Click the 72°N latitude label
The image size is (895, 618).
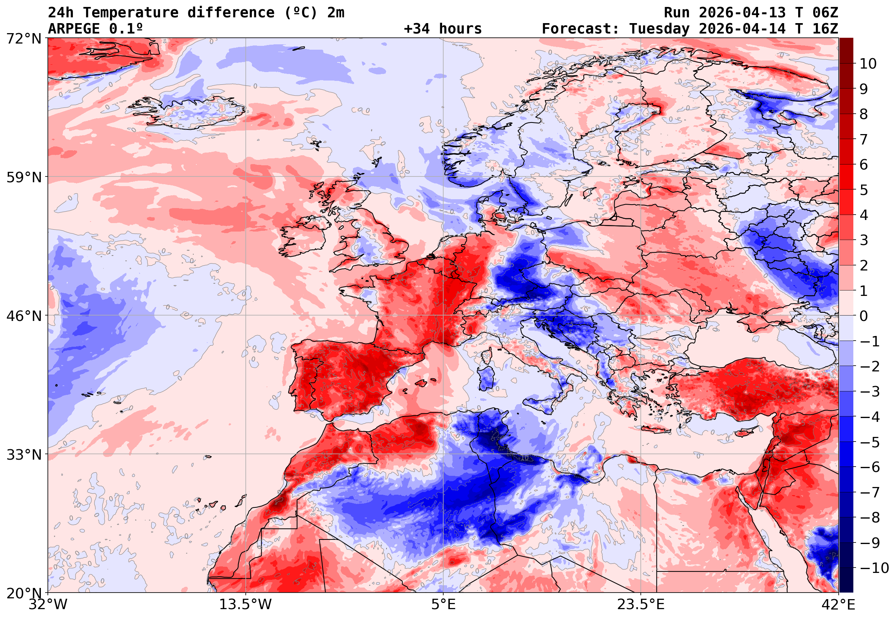tap(24, 39)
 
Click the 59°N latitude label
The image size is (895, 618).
tap(24, 177)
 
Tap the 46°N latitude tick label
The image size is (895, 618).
tap(24, 316)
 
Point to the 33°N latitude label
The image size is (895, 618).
tap(24, 455)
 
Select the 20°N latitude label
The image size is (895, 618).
tap(24, 593)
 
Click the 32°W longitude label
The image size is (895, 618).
tap(48, 605)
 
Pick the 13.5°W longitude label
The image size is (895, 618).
tap(246, 605)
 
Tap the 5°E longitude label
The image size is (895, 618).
tap(443, 605)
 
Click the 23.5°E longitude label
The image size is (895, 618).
tap(641, 605)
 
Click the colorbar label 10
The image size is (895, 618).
tap(868, 64)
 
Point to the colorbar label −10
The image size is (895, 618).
tap(874, 568)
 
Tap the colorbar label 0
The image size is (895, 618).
tap(864, 316)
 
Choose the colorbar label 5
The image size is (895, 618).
tap(864, 190)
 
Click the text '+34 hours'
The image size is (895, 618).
tap(442, 29)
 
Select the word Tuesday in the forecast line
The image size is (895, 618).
tap(659, 29)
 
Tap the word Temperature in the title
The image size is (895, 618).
tap(131, 13)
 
